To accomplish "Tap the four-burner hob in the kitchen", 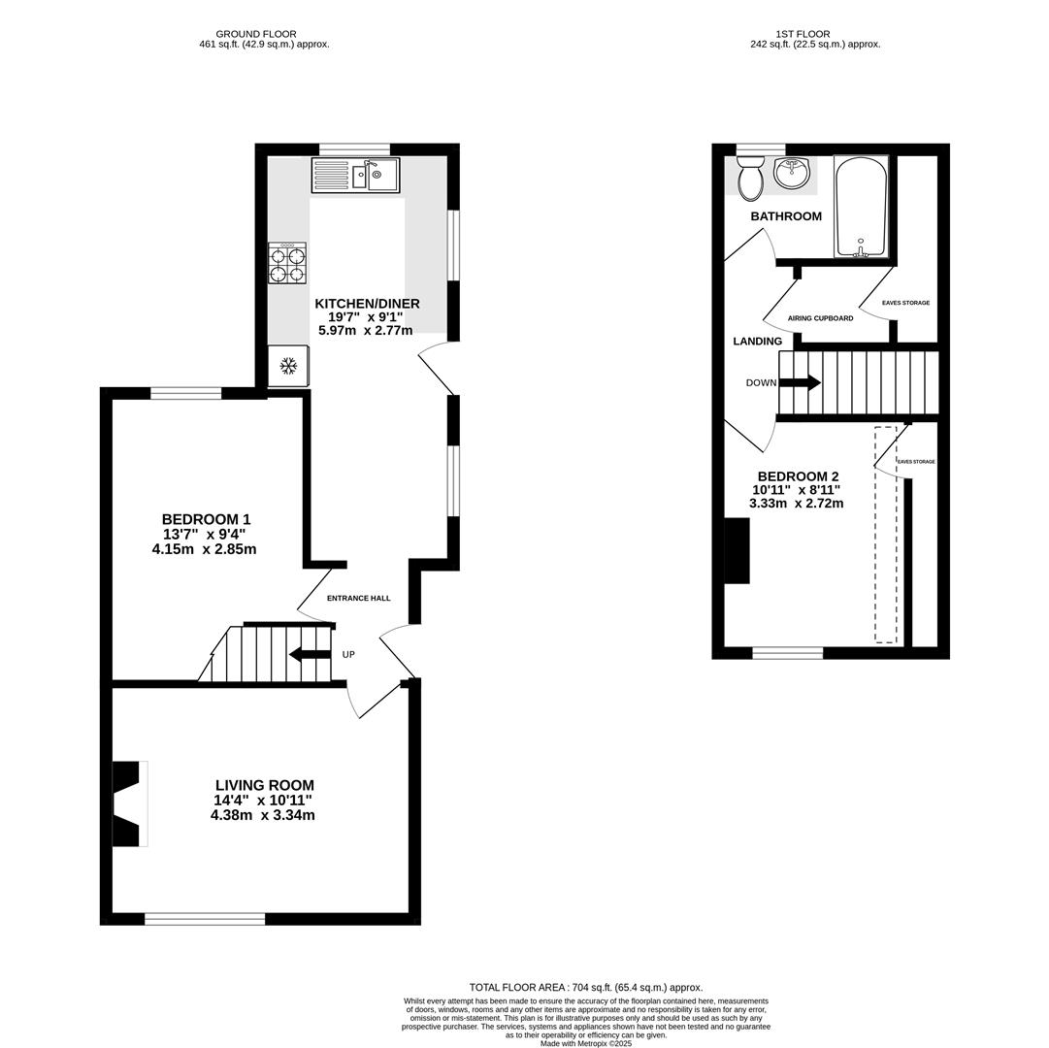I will point(287,263).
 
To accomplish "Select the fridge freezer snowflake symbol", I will point(288,366).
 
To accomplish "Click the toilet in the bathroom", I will point(750,179).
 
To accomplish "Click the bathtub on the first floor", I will point(861,207).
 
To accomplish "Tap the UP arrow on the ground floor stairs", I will point(310,654).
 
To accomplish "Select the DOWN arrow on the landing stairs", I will point(800,382).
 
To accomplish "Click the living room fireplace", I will point(128,803).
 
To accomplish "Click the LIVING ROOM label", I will point(264,785).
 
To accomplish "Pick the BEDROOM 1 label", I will point(206,519).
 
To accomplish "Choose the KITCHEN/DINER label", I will point(367,303).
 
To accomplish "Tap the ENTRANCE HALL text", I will point(358,598).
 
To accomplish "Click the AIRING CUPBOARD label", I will point(820,318).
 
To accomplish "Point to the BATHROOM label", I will point(786,216).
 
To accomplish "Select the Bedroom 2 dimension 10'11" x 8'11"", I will point(796,490).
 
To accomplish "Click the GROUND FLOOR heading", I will point(256,34).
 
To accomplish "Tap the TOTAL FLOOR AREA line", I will point(586,987).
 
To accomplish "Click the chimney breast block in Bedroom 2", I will point(738,550).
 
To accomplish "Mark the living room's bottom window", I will point(205,918).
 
